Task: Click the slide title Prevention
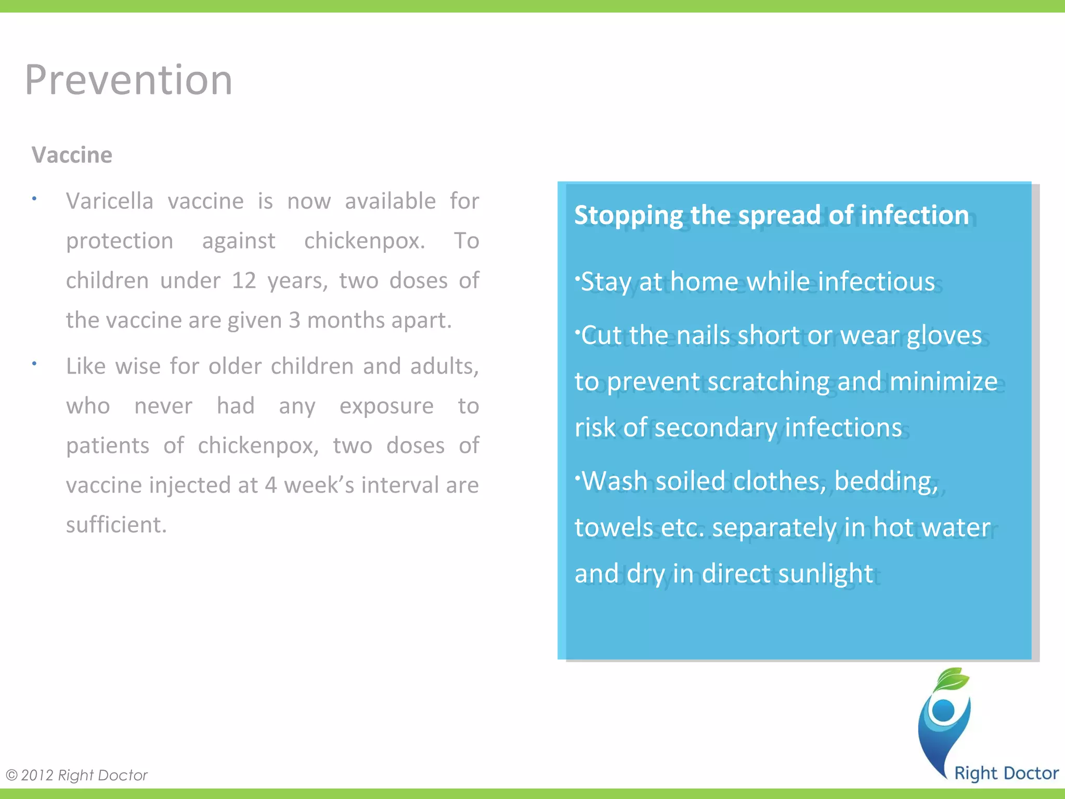point(128,80)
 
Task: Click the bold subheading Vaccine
point(72,155)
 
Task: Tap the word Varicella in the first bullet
point(109,201)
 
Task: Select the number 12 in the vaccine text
point(244,281)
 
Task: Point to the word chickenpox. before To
point(365,241)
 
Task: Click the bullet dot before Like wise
point(34,364)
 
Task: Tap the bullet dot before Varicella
point(34,198)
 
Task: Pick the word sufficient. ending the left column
point(116,525)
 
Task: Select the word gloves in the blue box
point(944,336)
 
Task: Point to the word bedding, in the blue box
point(886,481)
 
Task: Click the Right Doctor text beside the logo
point(1006,774)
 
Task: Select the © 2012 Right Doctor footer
point(77,776)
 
